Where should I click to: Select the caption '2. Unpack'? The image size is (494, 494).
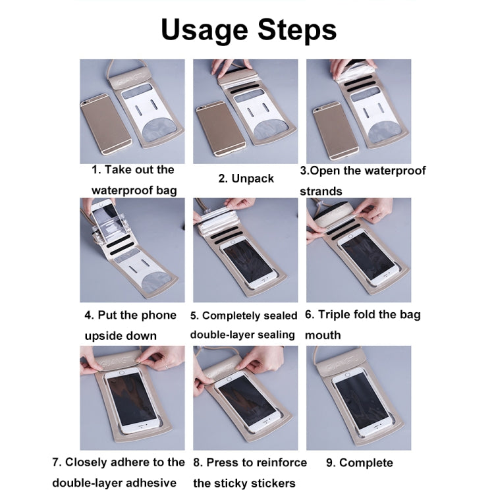click(x=246, y=178)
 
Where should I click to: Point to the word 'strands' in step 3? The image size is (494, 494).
click(x=321, y=191)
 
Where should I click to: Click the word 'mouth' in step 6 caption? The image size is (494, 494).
click(x=323, y=335)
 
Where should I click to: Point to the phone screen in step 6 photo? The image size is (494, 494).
click(x=366, y=257)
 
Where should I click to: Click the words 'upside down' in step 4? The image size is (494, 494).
click(x=121, y=335)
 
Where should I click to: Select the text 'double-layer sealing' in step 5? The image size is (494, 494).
click(x=242, y=335)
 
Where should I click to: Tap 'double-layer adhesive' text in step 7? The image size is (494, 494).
click(x=115, y=483)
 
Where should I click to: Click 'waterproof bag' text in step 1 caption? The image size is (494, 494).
click(x=134, y=190)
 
